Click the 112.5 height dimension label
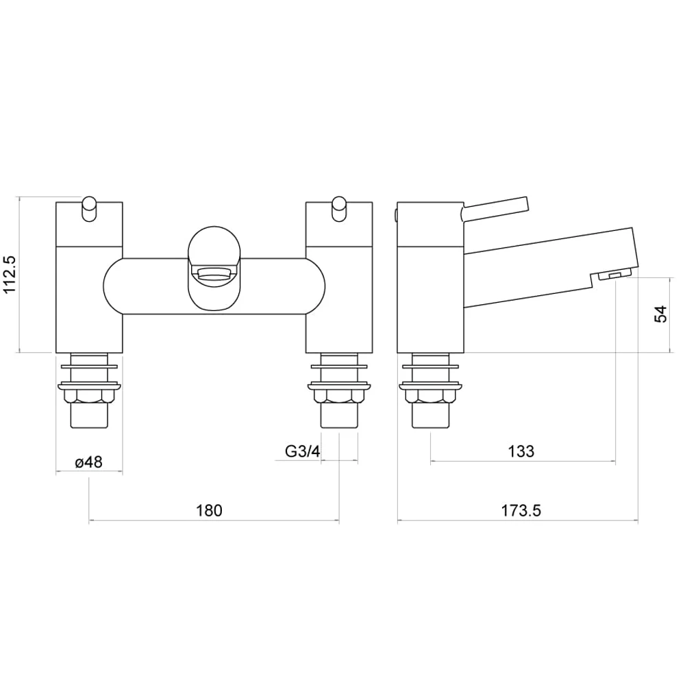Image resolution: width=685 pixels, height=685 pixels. pos(10,275)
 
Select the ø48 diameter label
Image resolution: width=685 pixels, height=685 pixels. pos(88,462)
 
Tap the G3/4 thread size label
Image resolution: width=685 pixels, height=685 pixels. pos(302,451)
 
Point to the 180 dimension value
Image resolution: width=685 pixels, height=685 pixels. pos(209,510)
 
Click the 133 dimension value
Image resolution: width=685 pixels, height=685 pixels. pos(521,451)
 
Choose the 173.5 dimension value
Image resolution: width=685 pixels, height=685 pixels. pos(521,510)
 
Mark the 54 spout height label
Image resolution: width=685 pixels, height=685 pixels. pos(660,314)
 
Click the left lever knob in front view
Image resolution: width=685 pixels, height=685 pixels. pos(90,210)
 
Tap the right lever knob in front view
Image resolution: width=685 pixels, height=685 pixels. pos(339,210)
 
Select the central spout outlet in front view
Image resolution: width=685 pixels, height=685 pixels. pos(214,275)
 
